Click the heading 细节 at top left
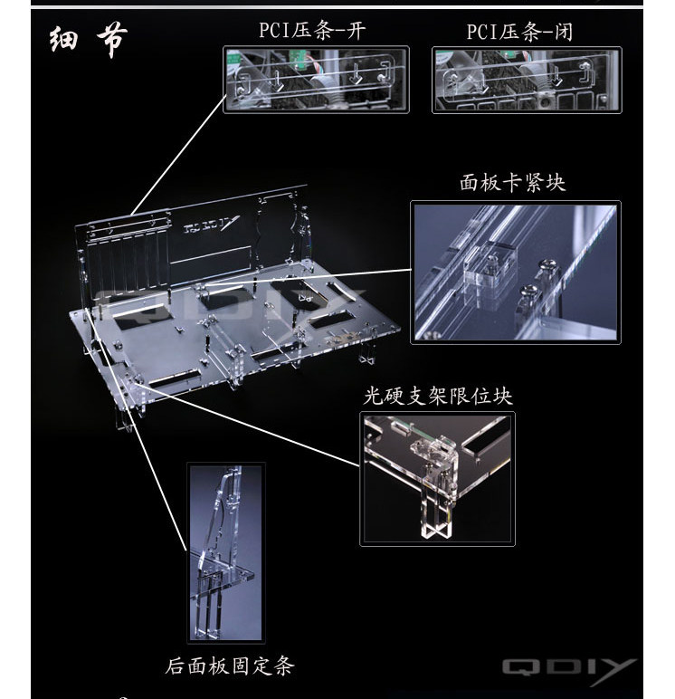88,41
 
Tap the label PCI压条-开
311,33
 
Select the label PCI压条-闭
520,33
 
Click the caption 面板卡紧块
512,183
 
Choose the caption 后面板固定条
231,667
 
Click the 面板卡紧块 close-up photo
517,272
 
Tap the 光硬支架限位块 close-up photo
437,479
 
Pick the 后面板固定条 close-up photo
225,554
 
